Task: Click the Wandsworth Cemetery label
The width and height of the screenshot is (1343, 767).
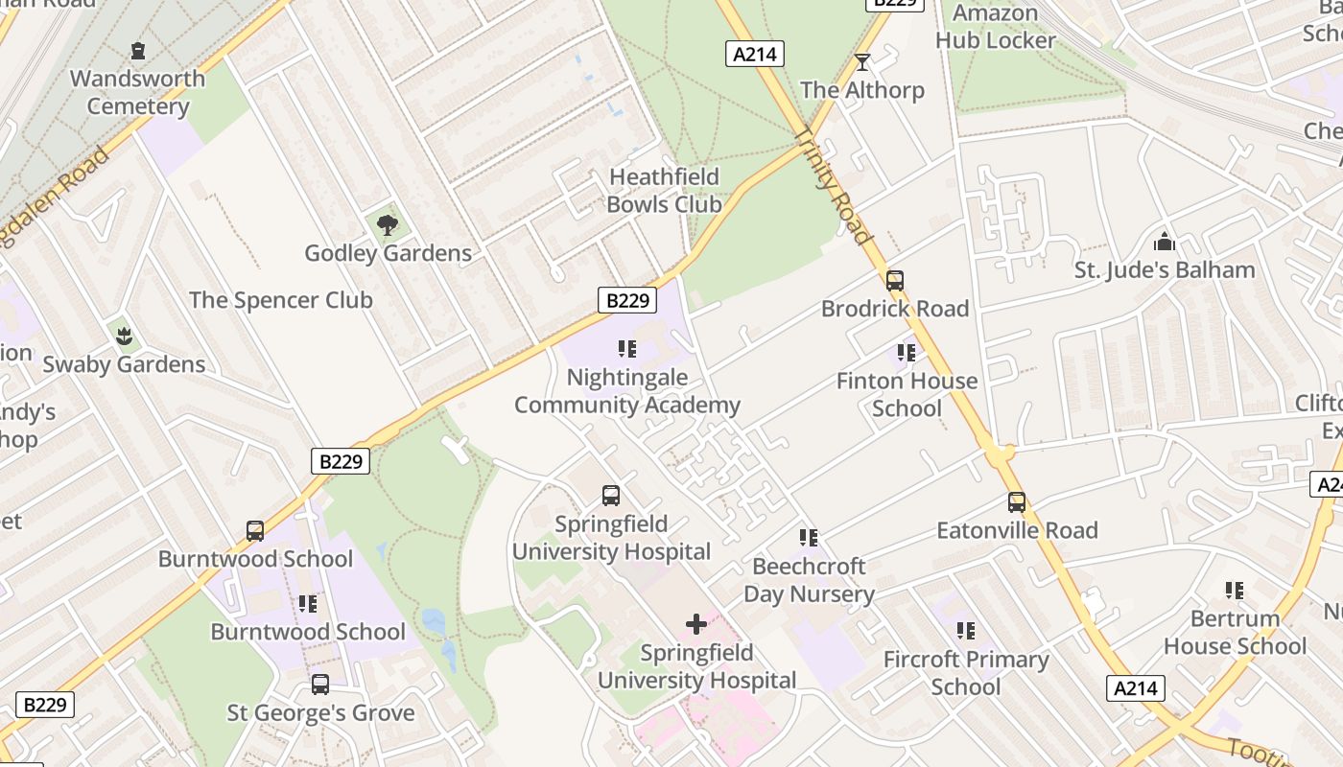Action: coord(137,92)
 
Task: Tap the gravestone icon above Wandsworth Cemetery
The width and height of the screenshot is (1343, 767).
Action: coord(138,50)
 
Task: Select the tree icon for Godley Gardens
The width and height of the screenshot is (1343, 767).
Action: coord(388,225)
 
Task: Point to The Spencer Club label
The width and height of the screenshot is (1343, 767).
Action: coord(280,300)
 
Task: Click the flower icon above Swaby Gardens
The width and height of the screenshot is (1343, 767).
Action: coord(124,336)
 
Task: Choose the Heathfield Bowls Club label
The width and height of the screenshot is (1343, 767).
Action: coord(664,191)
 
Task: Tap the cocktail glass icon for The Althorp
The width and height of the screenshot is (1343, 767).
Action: coord(862,62)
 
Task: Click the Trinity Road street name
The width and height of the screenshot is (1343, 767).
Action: coord(833,186)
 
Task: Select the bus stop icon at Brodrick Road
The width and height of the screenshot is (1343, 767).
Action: coord(895,280)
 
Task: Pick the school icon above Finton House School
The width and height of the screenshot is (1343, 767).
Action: coord(906,353)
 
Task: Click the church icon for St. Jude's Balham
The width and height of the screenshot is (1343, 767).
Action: coord(1165,242)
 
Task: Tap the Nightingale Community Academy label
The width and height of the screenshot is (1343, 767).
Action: coord(627,391)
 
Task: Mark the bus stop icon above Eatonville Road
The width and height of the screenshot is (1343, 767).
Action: coord(1017,501)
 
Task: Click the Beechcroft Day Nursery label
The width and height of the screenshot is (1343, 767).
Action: coord(809,580)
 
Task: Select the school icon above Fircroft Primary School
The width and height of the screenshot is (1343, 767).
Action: coord(966,631)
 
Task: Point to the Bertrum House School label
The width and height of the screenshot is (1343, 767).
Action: coord(1235,632)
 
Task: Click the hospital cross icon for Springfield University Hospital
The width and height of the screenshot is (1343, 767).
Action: coord(696,625)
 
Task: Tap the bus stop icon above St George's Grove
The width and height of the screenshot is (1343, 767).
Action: coord(320,685)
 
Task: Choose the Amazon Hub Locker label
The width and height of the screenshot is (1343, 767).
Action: coord(995,27)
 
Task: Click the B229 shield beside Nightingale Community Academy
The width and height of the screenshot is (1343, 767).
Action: coord(628,300)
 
